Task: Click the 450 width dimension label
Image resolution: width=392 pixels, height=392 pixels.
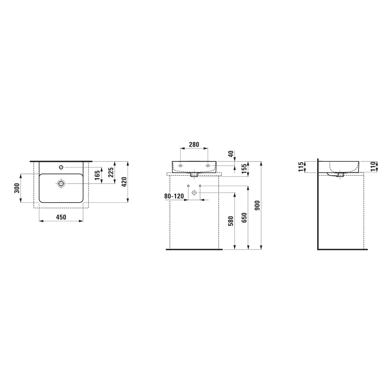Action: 61,217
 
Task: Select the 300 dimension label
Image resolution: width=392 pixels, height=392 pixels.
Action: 17,188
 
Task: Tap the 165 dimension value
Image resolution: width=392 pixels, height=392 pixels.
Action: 97,175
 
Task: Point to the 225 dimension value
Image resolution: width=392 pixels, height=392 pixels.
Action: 111,172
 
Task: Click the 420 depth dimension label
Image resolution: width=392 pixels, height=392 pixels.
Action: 124,182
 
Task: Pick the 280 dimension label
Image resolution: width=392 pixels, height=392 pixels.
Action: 194,144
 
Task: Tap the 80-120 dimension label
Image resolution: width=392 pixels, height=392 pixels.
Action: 174,196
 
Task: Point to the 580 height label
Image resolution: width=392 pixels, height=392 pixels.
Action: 231,221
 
